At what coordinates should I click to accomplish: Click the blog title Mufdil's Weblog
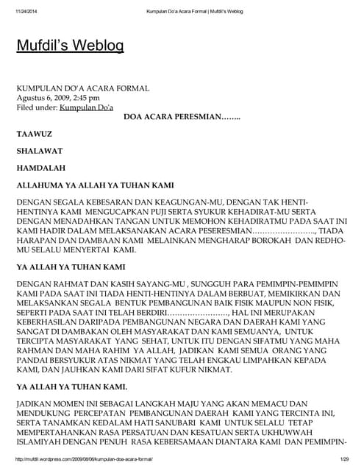pos(70,46)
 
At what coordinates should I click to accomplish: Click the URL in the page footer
pos(84,458)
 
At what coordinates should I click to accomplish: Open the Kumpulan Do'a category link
pos(87,107)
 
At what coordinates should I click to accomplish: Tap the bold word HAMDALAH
pos(41,168)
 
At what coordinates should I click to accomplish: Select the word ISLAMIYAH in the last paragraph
pos(41,444)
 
